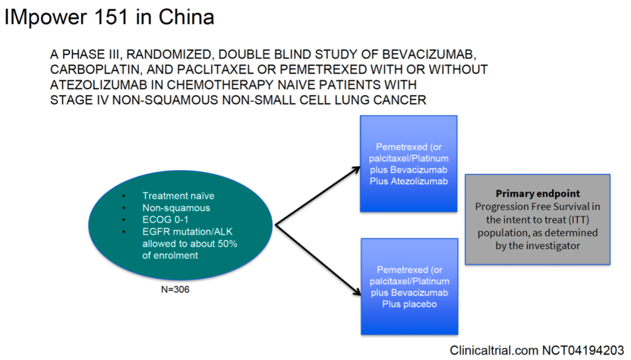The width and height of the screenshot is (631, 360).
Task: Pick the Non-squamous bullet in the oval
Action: [x=176, y=208]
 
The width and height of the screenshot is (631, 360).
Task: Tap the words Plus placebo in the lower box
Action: [x=408, y=304]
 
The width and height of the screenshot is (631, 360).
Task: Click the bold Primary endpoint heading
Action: [x=538, y=194]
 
